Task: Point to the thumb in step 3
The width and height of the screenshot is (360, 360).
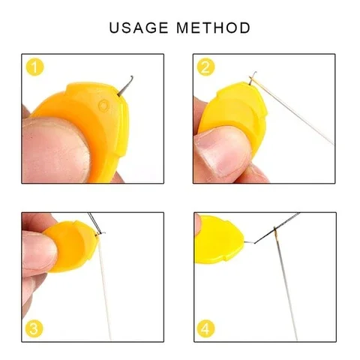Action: pyautogui.click(x=37, y=251)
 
